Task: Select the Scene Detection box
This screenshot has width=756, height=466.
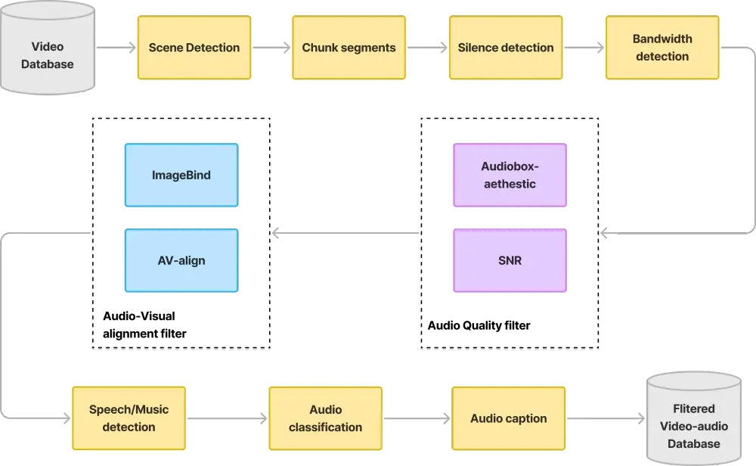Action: pos(194,48)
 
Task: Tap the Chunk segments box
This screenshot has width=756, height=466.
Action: pos(349,48)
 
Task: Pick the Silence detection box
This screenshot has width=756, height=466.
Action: pos(506,48)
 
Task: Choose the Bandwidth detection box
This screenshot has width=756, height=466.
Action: pos(661,48)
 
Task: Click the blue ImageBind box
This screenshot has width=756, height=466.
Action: pos(181,176)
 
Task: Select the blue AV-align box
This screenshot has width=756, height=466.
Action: pos(181,261)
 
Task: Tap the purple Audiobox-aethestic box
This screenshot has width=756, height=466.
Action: pos(509,176)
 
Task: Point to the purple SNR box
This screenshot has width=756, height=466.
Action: pos(509,261)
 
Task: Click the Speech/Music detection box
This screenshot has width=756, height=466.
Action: pos(129,418)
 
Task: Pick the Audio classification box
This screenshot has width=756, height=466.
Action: pos(325,418)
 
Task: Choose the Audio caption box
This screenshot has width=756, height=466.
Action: pos(508,418)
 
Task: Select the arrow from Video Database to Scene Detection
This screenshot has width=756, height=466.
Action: pos(115,48)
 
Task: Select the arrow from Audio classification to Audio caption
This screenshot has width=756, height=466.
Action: pos(417,418)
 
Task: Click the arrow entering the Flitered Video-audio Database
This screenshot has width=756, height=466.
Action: pos(605,418)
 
